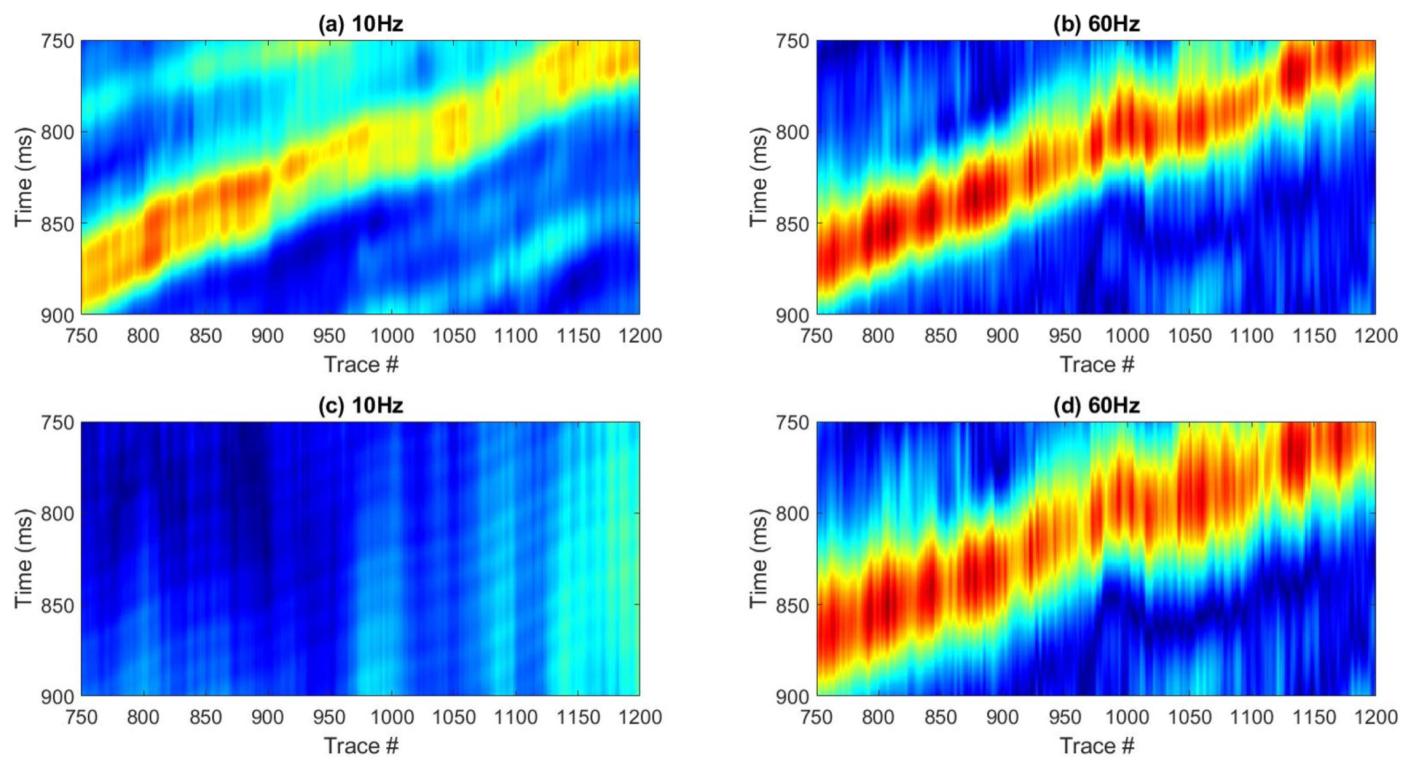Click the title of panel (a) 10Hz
tap(360, 24)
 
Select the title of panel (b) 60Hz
tap(1096, 24)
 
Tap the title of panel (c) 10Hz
tap(360, 406)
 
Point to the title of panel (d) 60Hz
tap(1096, 406)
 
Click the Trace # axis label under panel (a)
tap(361, 364)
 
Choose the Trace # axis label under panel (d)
tap(1096, 746)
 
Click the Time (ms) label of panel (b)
tap(758, 177)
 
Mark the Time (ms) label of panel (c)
tap(23, 559)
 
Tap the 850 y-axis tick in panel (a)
tap(57, 224)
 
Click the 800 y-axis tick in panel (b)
tap(793, 132)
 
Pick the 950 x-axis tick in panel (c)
tap(329, 718)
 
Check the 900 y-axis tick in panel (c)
tap(57, 697)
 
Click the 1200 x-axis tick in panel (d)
tap(1375, 718)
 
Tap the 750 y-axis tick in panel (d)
tap(793, 423)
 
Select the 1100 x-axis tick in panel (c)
tap(516, 718)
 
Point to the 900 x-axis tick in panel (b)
tap(1002, 336)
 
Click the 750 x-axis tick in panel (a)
tap(81, 336)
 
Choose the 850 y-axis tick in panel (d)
tap(793, 605)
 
